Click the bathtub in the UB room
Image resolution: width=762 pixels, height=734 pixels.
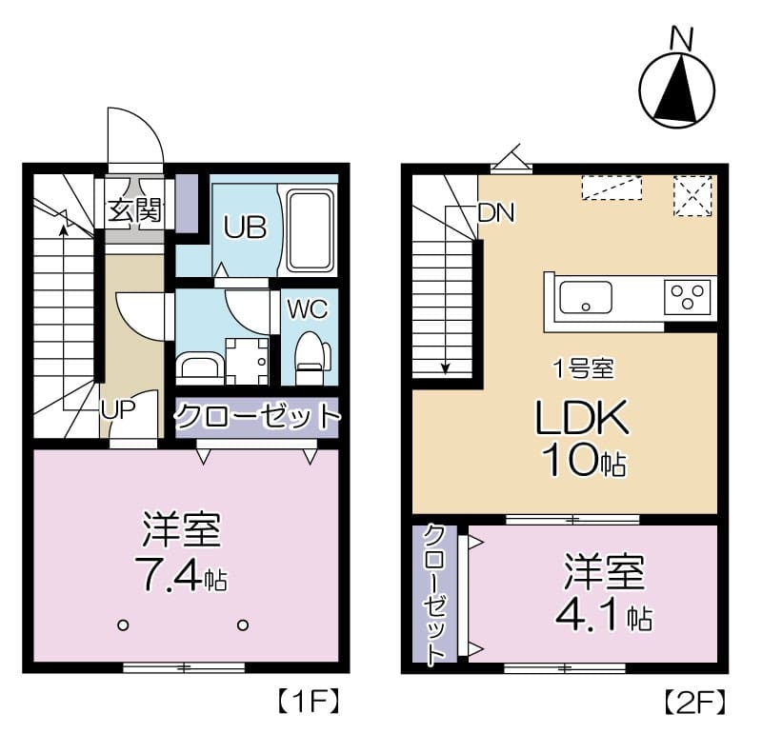pyautogui.click(x=310, y=229)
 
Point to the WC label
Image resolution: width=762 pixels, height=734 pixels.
pyautogui.click(x=307, y=308)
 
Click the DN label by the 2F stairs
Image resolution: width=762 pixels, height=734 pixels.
pyautogui.click(x=495, y=213)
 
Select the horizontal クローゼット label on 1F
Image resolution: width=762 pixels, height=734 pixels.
pyautogui.click(x=256, y=416)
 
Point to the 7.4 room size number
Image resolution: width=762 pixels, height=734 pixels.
pyautogui.click(x=170, y=574)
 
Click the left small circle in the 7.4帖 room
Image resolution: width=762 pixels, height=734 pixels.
pyautogui.click(x=122, y=625)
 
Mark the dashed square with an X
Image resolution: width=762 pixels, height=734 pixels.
pyautogui.click(x=692, y=194)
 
